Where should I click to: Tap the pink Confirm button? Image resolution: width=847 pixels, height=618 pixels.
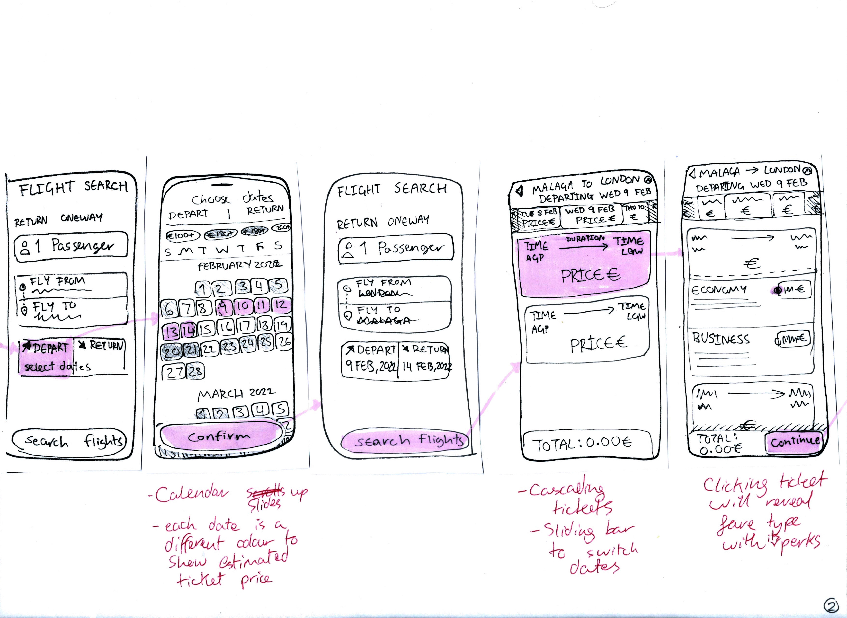pyautogui.click(x=220, y=436)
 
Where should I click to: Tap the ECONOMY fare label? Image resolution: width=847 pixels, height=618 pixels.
pyautogui.click(x=719, y=290)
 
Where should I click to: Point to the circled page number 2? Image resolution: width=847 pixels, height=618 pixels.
pyautogui.click(x=831, y=606)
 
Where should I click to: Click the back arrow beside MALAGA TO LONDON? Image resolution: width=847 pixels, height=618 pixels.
pyautogui.click(x=519, y=192)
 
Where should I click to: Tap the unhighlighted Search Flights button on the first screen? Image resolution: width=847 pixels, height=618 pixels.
pyautogui.click(x=70, y=441)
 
